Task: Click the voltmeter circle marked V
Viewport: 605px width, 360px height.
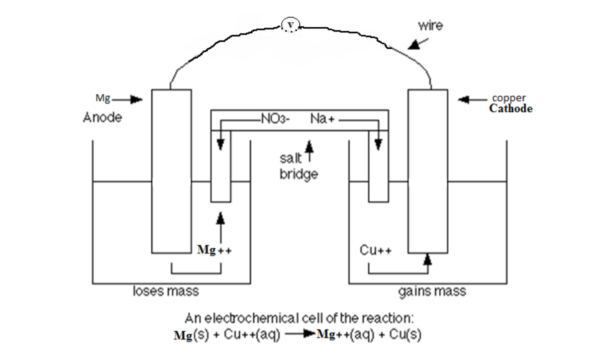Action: [290, 24]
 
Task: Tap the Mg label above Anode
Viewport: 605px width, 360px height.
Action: [103, 99]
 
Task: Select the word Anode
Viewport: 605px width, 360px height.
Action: [102, 118]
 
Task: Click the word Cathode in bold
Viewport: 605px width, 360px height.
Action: [510, 109]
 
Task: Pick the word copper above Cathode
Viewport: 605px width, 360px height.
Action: [509, 98]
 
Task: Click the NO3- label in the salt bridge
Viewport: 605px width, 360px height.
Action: [271, 119]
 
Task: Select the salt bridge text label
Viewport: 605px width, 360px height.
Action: [298, 167]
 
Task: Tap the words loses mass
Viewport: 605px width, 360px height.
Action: [165, 291]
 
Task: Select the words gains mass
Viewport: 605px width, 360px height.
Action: [432, 291]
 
